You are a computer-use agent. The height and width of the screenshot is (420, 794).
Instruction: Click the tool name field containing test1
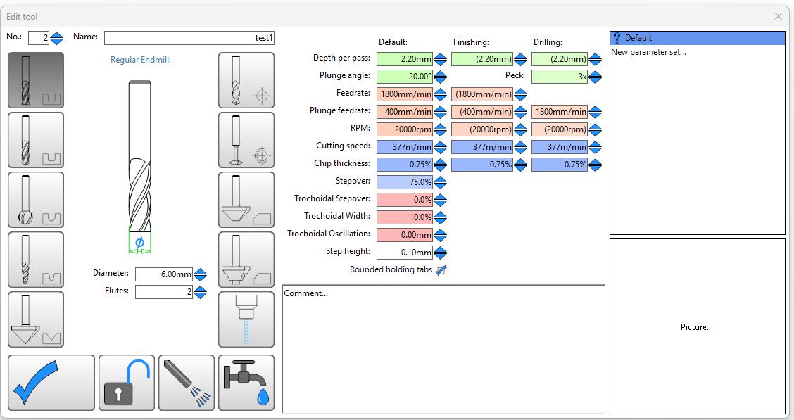pos(189,38)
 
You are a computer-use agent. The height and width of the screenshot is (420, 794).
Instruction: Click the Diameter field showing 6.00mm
pos(163,274)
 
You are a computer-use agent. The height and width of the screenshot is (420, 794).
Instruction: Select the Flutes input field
pos(163,292)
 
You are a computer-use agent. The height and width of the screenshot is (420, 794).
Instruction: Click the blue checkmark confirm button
pos(51,383)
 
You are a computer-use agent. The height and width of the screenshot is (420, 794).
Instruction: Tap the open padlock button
pos(127,383)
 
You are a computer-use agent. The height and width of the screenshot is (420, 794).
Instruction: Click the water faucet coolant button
pos(246,383)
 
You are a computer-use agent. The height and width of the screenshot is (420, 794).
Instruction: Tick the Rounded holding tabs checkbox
pos(441,270)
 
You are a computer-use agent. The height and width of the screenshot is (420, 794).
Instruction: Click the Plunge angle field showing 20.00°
pos(405,77)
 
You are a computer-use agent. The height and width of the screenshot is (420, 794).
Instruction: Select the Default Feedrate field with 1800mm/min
pos(405,94)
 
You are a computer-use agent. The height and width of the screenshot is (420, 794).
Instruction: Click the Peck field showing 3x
pos(560,77)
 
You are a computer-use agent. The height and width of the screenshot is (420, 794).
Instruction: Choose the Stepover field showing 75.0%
pos(405,182)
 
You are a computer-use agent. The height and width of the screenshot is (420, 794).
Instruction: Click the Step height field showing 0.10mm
pos(405,253)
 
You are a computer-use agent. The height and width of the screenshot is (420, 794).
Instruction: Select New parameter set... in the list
pos(649,52)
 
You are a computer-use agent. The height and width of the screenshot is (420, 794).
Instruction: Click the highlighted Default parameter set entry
pos(698,38)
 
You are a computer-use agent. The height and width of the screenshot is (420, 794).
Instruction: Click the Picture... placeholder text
pos(697,327)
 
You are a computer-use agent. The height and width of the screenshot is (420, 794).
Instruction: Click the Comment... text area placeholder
pos(306,293)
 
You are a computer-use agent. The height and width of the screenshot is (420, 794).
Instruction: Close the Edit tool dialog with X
pos(779,17)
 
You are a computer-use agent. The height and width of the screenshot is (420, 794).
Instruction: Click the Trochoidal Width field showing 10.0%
pos(405,217)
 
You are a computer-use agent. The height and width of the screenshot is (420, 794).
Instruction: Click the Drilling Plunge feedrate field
pos(560,112)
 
